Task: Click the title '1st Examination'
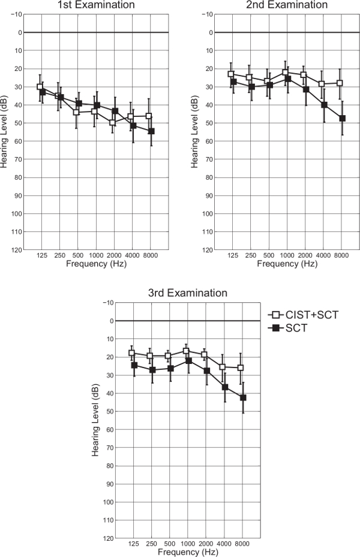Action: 95,5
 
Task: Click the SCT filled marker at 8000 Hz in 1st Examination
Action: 151,131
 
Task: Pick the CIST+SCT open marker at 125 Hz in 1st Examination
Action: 40,87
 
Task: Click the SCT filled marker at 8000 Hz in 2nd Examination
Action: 342,118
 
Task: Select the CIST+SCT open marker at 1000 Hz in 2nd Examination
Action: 286,73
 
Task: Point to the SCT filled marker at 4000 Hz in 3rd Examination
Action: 225,387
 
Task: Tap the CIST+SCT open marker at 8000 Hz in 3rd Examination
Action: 241,368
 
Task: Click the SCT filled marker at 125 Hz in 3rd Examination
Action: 134,365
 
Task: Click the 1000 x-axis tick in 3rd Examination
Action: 188,545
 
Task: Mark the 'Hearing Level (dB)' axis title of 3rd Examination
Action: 96,429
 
